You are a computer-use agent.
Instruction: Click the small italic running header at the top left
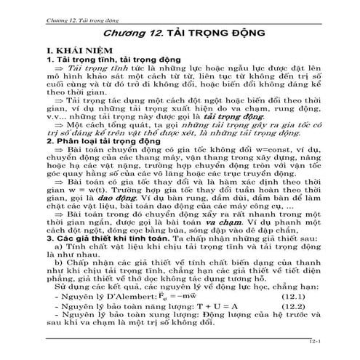tap(80, 14)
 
